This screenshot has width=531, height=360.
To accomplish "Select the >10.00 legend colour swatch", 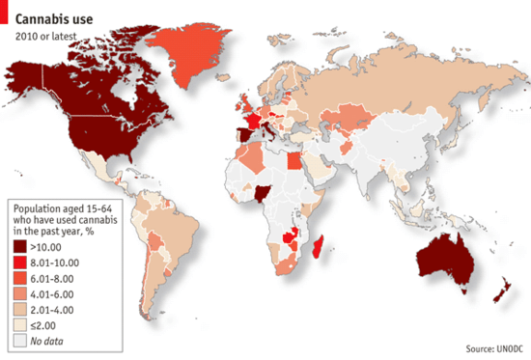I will coord(21,248).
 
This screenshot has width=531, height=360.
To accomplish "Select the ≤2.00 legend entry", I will coord(53,325).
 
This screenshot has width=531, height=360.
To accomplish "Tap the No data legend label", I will coord(55,341).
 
